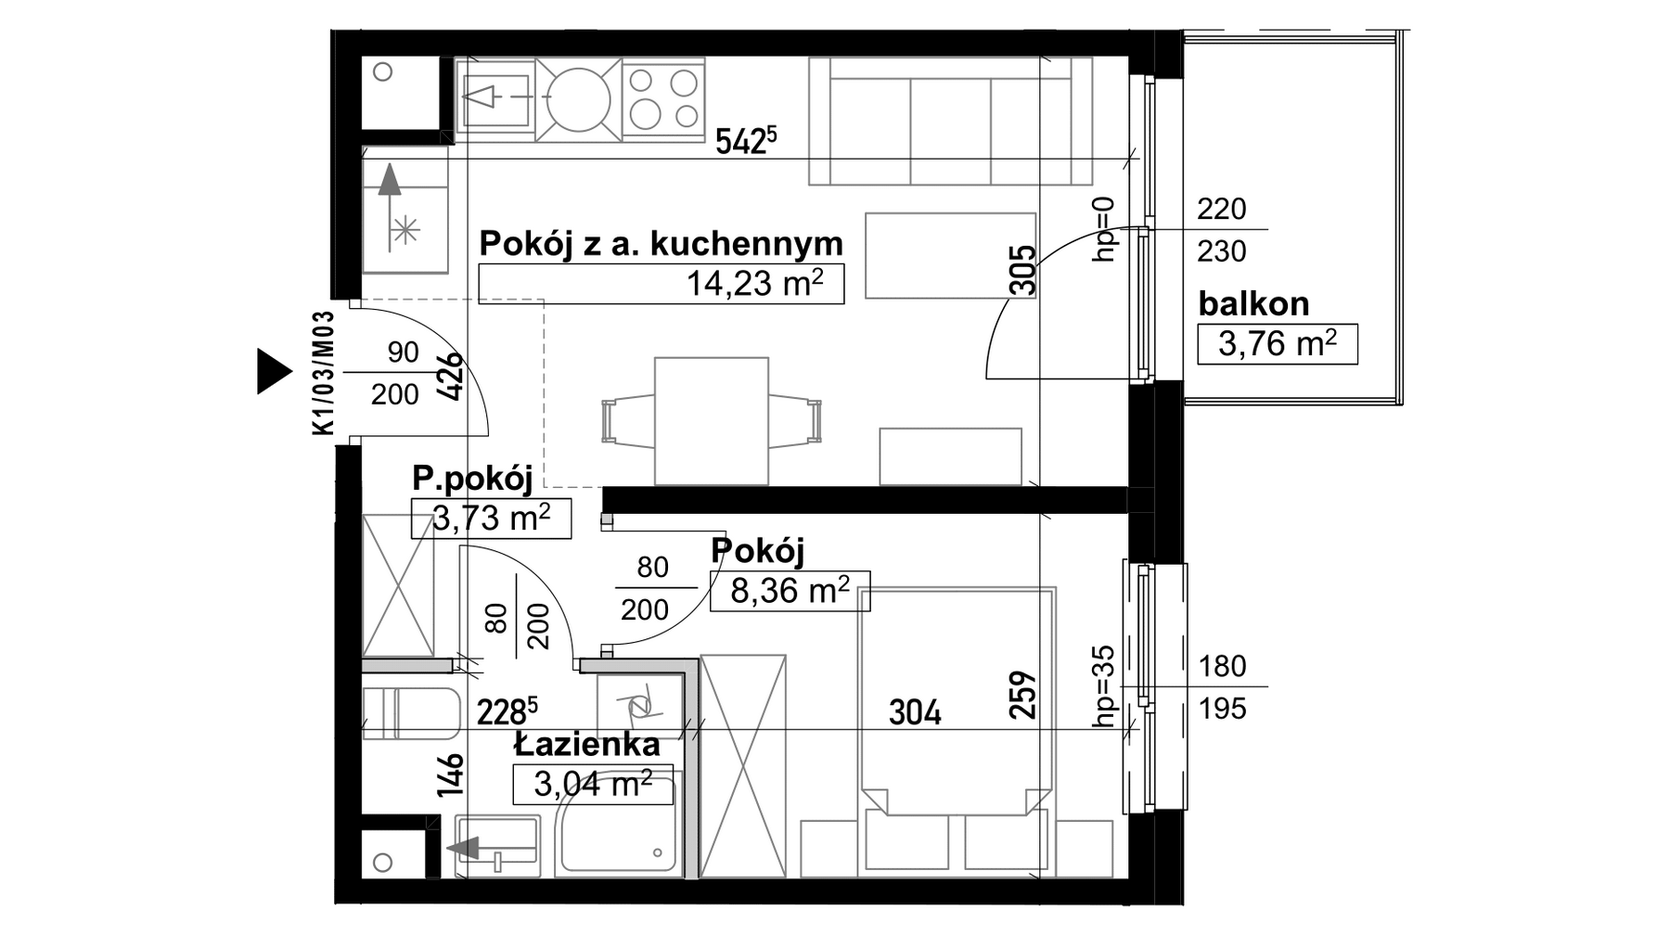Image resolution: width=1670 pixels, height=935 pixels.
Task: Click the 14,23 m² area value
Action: (x=754, y=283)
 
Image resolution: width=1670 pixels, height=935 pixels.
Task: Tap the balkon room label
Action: (x=1253, y=303)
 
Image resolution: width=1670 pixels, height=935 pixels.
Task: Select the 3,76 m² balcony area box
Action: (x=1278, y=344)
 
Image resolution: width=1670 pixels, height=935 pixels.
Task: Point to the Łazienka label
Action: (x=587, y=744)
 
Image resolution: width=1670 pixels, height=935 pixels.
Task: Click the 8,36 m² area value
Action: (x=790, y=590)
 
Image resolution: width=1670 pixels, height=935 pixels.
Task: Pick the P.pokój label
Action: (x=472, y=480)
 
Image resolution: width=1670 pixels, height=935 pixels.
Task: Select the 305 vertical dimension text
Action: (x=1021, y=269)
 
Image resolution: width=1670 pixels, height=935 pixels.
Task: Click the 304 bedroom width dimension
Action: (x=915, y=712)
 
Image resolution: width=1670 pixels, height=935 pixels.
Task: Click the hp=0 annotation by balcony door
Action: (x=1103, y=229)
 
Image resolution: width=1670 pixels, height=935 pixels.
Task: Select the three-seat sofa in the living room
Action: (x=952, y=121)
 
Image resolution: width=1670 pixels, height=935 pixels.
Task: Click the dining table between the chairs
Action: (x=712, y=421)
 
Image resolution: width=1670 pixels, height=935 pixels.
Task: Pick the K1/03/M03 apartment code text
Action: (x=323, y=373)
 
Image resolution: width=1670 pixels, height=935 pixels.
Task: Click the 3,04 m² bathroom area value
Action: (x=593, y=785)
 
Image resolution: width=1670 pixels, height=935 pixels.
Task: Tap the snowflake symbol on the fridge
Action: (x=405, y=229)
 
